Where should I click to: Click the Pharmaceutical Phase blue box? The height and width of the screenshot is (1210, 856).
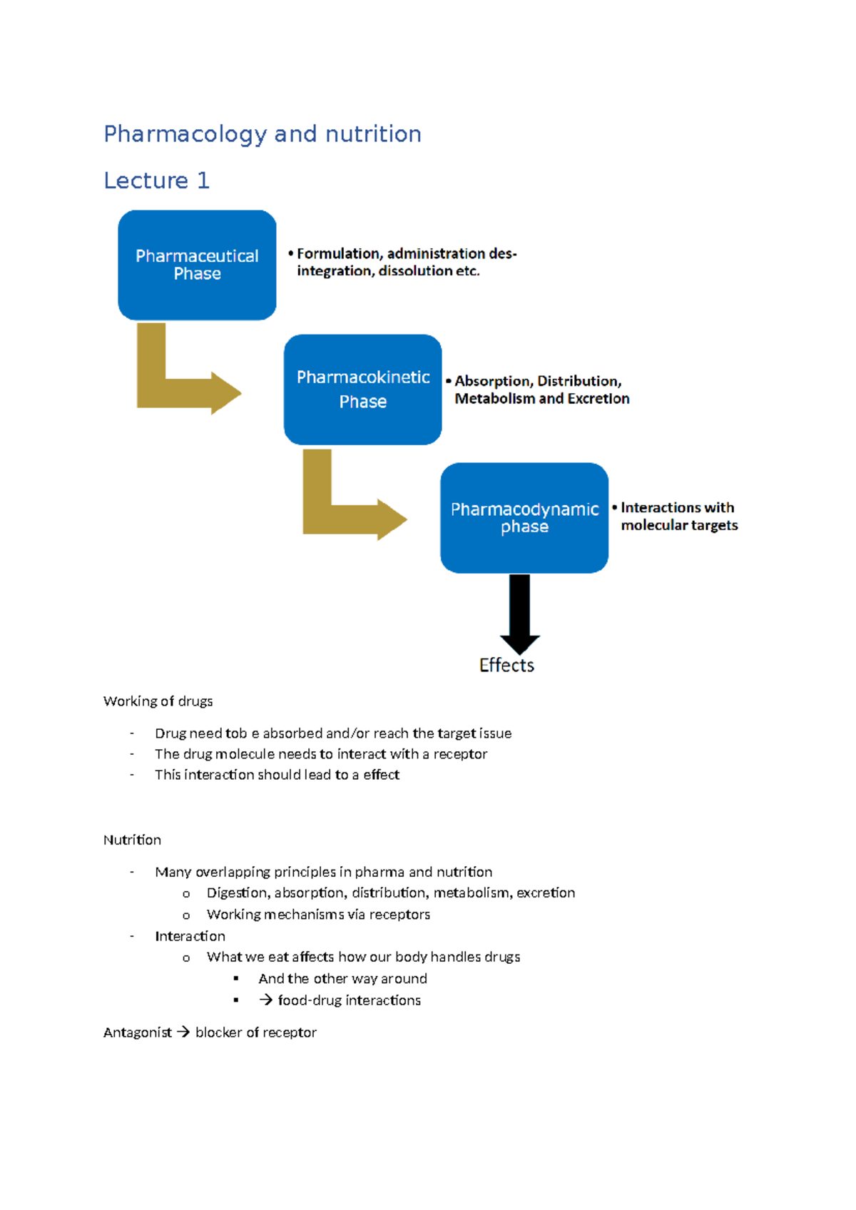[x=197, y=265]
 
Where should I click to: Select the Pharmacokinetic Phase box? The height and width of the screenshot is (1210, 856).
[x=362, y=390]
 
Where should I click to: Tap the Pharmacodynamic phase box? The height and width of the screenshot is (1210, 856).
[x=524, y=518]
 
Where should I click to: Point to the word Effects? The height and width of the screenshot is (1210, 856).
[x=506, y=665]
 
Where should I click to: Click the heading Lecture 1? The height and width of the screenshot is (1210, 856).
[x=156, y=181]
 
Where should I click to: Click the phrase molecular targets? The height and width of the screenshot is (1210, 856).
[x=679, y=525]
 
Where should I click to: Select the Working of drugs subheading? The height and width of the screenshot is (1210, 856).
[x=158, y=701]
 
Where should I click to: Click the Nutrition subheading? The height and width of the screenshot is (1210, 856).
[x=132, y=840]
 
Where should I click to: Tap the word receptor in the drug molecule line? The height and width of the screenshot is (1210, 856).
[x=460, y=754]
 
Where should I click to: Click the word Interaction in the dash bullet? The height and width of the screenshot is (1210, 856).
[x=190, y=936]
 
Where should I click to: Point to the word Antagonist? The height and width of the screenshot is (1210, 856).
[x=137, y=1032]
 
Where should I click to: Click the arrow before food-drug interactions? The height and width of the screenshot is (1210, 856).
[x=266, y=1000]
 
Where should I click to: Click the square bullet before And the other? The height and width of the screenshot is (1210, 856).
[x=236, y=979]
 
